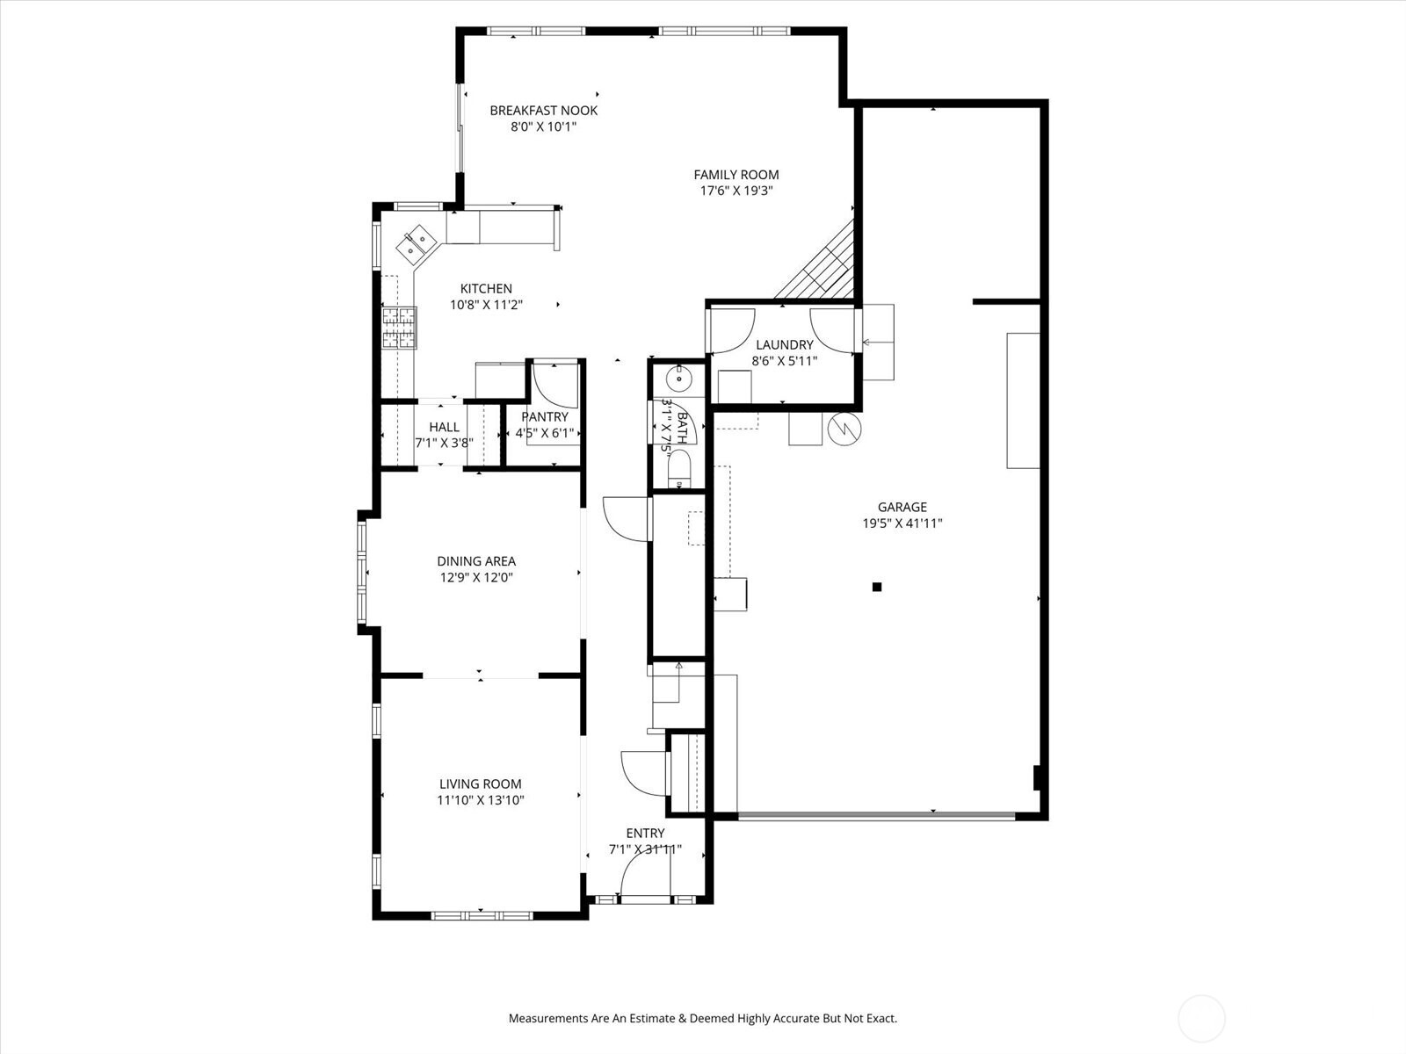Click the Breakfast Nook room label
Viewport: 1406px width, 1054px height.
tap(543, 111)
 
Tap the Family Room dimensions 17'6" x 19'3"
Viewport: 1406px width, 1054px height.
tap(736, 191)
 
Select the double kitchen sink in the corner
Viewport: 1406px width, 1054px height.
tap(417, 243)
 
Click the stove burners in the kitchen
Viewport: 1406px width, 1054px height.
tap(399, 328)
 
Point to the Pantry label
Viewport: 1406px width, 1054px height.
tap(545, 416)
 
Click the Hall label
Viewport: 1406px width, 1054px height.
tap(444, 427)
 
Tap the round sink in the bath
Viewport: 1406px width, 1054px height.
tap(678, 379)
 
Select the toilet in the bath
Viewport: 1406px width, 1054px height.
tap(679, 473)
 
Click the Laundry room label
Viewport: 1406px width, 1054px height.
tap(784, 345)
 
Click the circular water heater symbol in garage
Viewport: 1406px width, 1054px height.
tap(845, 429)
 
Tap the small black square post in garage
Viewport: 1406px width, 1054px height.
tap(876, 587)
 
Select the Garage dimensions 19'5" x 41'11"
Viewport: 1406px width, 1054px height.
tap(902, 523)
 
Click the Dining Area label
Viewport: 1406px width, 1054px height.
tap(476, 561)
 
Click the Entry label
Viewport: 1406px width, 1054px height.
tap(645, 833)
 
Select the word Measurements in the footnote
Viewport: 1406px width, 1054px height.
tap(547, 1019)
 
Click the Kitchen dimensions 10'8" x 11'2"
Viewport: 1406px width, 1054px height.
tap(486, 305)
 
